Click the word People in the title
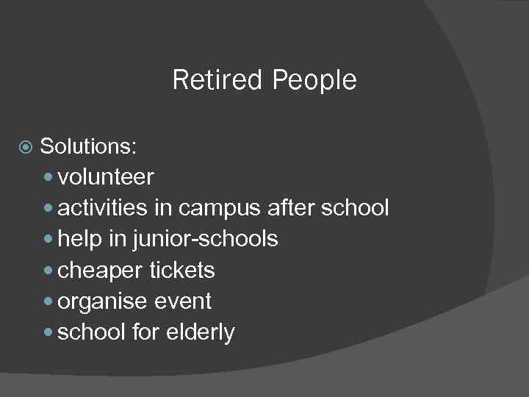coord(314,80)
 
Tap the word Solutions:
coord(88,146)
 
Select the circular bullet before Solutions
coord(26,147)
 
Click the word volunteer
coord(106,177)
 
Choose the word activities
coord(102,208)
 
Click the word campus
coord(219,208)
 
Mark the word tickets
coord(181,271)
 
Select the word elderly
coord(200,332)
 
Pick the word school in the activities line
coord(355,208)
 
